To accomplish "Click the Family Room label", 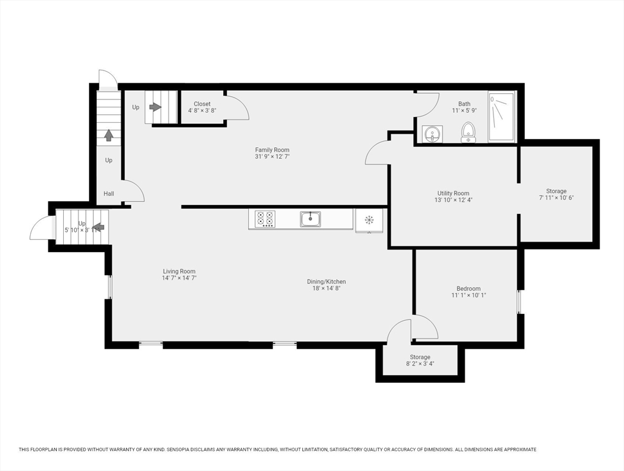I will click(272, 150).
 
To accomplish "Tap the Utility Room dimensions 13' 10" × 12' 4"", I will click(453, 201).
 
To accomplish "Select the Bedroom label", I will click(468, 288).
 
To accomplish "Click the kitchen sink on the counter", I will click(310, 218).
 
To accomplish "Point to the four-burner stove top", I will click(265, 219).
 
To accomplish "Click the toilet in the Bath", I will click(468, 131).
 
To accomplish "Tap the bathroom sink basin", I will click(432, 134).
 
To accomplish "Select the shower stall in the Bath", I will click(502, 117).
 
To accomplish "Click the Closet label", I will click(202, 104).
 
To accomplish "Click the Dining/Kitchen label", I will click(326, 281).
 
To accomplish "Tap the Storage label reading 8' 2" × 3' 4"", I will click(420, 364).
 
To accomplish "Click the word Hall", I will click(108, 194).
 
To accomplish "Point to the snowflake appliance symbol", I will click(370, 220).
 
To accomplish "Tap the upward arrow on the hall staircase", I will click(108, 134).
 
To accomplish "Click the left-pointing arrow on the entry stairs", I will click(98, 227).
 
